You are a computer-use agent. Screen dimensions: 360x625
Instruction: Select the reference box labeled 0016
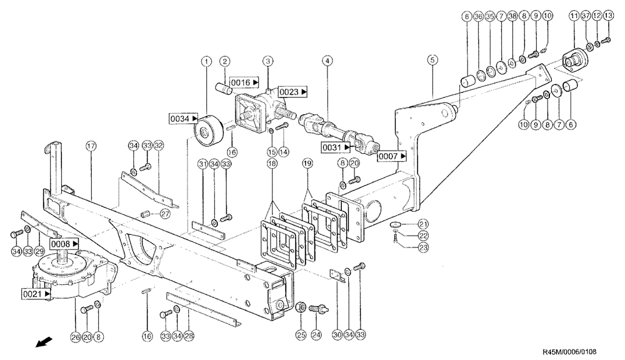[245, 82]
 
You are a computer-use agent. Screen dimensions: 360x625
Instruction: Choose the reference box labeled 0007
[392, 156]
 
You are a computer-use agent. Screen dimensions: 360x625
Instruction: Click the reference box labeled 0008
[66, 243]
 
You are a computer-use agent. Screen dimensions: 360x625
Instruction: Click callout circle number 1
[204, 61]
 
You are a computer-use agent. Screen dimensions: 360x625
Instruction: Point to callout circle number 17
[91, 146]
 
